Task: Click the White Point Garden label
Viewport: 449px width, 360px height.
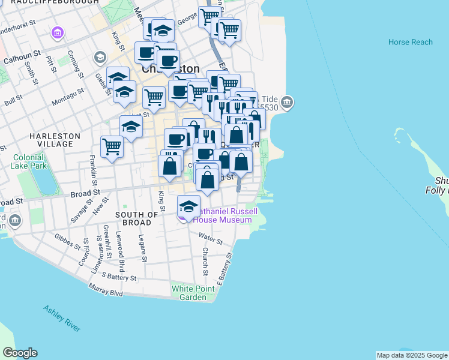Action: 189,293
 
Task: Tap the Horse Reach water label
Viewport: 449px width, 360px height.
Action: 410,42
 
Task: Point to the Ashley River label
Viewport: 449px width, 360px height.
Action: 62,318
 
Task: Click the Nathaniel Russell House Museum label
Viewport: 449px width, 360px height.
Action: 228,215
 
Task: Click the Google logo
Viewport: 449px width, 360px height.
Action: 20,353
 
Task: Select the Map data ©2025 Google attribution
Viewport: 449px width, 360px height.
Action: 412,355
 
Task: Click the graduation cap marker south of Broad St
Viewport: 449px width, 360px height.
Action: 189,207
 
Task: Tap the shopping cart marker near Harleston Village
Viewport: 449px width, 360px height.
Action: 112,146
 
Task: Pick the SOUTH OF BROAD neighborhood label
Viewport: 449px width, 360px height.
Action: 137,218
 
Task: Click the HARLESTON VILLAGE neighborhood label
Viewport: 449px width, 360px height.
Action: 55,140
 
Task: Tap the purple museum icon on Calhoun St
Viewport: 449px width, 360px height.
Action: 58,32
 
